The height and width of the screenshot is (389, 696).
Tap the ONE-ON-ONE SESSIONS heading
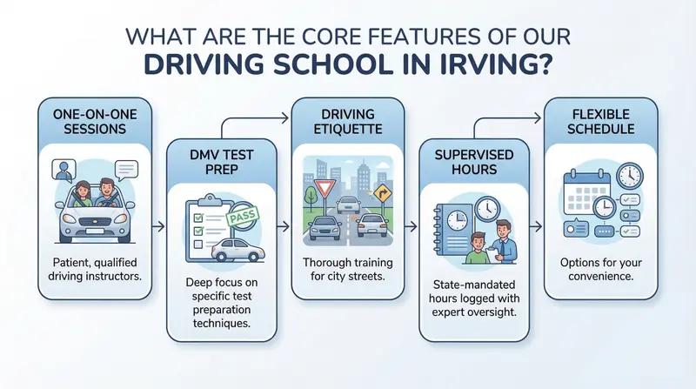(x=95, y=122)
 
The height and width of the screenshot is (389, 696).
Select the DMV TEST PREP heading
(x=222, y=162)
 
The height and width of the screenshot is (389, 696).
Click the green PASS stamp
(x=243, y=218)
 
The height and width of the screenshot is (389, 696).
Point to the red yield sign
(x=325, y=188)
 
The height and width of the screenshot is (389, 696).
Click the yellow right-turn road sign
(x=382, y=193)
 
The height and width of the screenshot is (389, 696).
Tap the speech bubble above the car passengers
(x=126, y=170)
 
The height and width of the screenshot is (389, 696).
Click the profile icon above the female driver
(x=64, y=170)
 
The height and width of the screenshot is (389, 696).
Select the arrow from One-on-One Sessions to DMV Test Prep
(x=158, y=226)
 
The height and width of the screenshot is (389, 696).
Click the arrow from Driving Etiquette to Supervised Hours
(x=412, y=226)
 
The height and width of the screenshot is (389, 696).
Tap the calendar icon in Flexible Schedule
(x=586, y=192)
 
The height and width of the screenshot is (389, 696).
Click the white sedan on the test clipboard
(x=238, y=250)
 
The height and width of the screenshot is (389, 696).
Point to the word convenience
(x=600, y=276)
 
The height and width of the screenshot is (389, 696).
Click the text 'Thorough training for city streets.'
(x=347, y=269)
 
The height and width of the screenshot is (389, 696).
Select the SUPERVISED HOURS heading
(x=474, y=162)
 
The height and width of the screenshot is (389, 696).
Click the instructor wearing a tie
(x=504, y=242)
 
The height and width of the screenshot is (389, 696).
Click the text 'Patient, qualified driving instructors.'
(x=95, y=269)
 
